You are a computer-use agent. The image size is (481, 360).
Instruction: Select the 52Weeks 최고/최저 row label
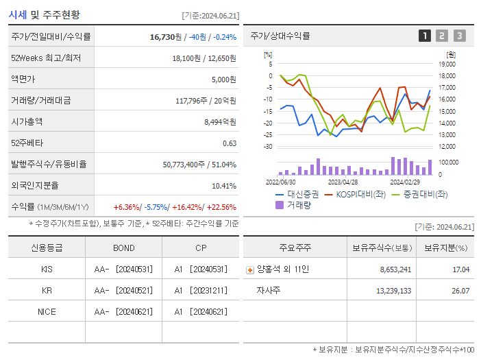pyautogui.click(x=47, y=58)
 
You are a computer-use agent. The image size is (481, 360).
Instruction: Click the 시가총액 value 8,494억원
pyautogui.click(x=220, y=122)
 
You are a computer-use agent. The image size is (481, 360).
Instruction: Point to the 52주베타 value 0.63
pyautogui.click(x=229, y=143)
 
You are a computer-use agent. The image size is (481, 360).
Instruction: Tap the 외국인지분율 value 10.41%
pyautogui.click(x=223, y=186)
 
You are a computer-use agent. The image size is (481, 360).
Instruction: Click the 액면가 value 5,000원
pyautogui.click(x=223, y=80)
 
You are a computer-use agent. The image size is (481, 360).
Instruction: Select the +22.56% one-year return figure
pyautogui.click(x=221, y=207)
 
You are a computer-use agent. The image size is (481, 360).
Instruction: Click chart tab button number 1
pyautogui.click(x=425, y=36)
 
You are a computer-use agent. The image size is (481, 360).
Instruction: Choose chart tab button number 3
pyautogui.click(x=459, y=36)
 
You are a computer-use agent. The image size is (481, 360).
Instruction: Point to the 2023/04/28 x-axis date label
pyautogui.click(x=343, y=182)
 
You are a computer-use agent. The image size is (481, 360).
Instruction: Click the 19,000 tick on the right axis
pyautogui.click(x=447, y=64)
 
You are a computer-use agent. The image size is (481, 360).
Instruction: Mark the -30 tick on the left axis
pyautogui.click(x=268, y=147)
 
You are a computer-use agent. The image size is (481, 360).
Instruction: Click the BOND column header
pyautogui.click(x=124, y=248)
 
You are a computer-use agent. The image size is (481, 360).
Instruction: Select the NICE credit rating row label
pyautogui.click(x=47, y=312)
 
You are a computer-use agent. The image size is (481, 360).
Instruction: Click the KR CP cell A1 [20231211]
pyautogui.click(x=200, y=291)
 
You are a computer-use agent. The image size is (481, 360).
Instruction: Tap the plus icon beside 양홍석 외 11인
pyautogui.click(x=249, y=270)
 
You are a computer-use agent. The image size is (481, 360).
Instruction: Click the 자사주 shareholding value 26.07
pyautogui.click(x=460, y=291)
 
